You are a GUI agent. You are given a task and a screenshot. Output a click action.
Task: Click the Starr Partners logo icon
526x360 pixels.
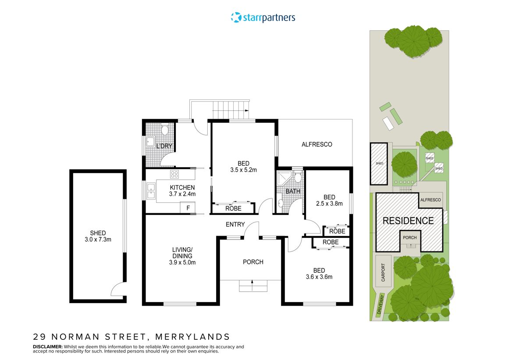click(x=236, y=18)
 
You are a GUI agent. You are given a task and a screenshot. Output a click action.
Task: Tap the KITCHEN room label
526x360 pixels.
click(x=182, y=187)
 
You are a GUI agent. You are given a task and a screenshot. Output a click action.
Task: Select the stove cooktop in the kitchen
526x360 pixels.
click(x=174, y=174)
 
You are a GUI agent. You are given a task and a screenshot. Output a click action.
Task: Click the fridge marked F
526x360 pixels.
click(x=188, y=208)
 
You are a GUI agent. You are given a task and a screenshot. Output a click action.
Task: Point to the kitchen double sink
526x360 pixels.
click(x=151, y=191)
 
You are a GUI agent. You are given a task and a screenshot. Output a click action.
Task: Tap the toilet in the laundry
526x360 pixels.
click(x=165, y=130)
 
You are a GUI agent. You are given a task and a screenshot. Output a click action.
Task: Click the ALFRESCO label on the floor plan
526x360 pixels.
click(x=316, y=144)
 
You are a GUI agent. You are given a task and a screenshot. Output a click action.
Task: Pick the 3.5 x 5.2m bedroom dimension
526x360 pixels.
click(x=243, y=170)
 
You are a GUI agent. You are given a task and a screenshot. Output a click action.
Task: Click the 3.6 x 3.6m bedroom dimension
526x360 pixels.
click(x=319, y=276)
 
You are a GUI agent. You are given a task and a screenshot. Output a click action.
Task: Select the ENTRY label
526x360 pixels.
click(x=235, y=225)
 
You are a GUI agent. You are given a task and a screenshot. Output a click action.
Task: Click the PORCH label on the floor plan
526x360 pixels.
click(x=253, y=262)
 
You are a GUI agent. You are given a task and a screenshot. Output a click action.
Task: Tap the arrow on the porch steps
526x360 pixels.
click(x=252, y=283)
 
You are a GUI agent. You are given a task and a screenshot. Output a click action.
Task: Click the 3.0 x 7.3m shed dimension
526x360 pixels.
click(x=98, y=240)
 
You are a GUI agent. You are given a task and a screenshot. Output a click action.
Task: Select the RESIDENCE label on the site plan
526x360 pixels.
click(x=408, y=221)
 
